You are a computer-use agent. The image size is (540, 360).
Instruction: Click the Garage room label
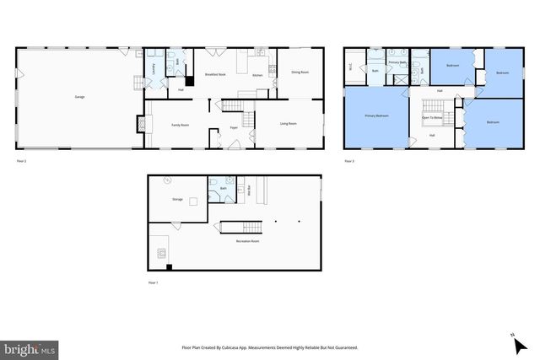coord(79,97)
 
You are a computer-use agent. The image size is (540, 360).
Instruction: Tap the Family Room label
coord(180,125)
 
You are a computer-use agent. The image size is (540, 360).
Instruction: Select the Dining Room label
coord(300,73)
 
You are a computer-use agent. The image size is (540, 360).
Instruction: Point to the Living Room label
coord(289,125)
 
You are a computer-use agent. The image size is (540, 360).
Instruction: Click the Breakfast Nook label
coord(215,75)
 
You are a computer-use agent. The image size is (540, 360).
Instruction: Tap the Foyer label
coord(234,128)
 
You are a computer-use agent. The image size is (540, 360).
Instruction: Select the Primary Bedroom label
coord(376,116)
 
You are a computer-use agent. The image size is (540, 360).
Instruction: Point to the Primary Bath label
coord(397,62)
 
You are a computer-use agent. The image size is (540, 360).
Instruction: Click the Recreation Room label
coord(247,241)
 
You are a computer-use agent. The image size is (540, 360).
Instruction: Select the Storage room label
coord(177,200)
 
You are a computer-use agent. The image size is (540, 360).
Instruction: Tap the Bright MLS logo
coord(30,347)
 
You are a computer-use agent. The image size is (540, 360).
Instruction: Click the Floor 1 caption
coord(153,282)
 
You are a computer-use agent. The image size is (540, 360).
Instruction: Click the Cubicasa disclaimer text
coord(269,347)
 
